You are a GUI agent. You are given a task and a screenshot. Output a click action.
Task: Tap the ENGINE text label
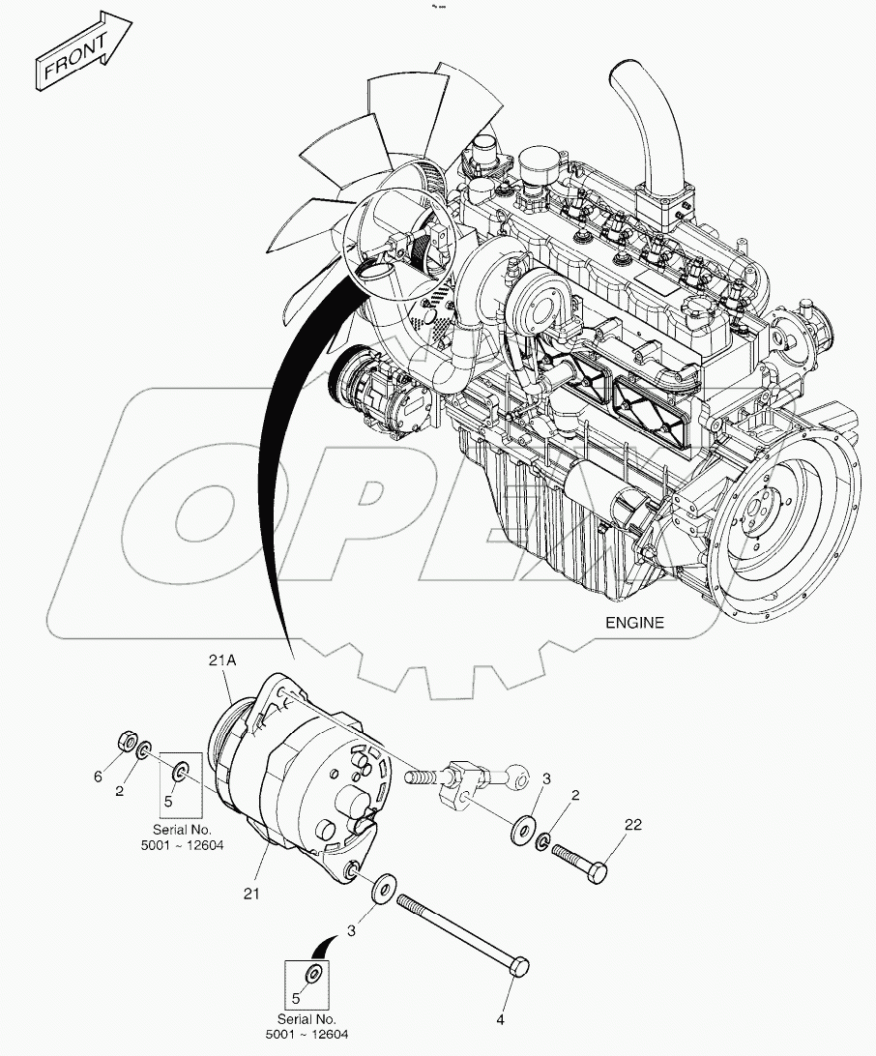click(634, 623)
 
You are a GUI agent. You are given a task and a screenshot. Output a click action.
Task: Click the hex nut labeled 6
click(126, 742)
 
